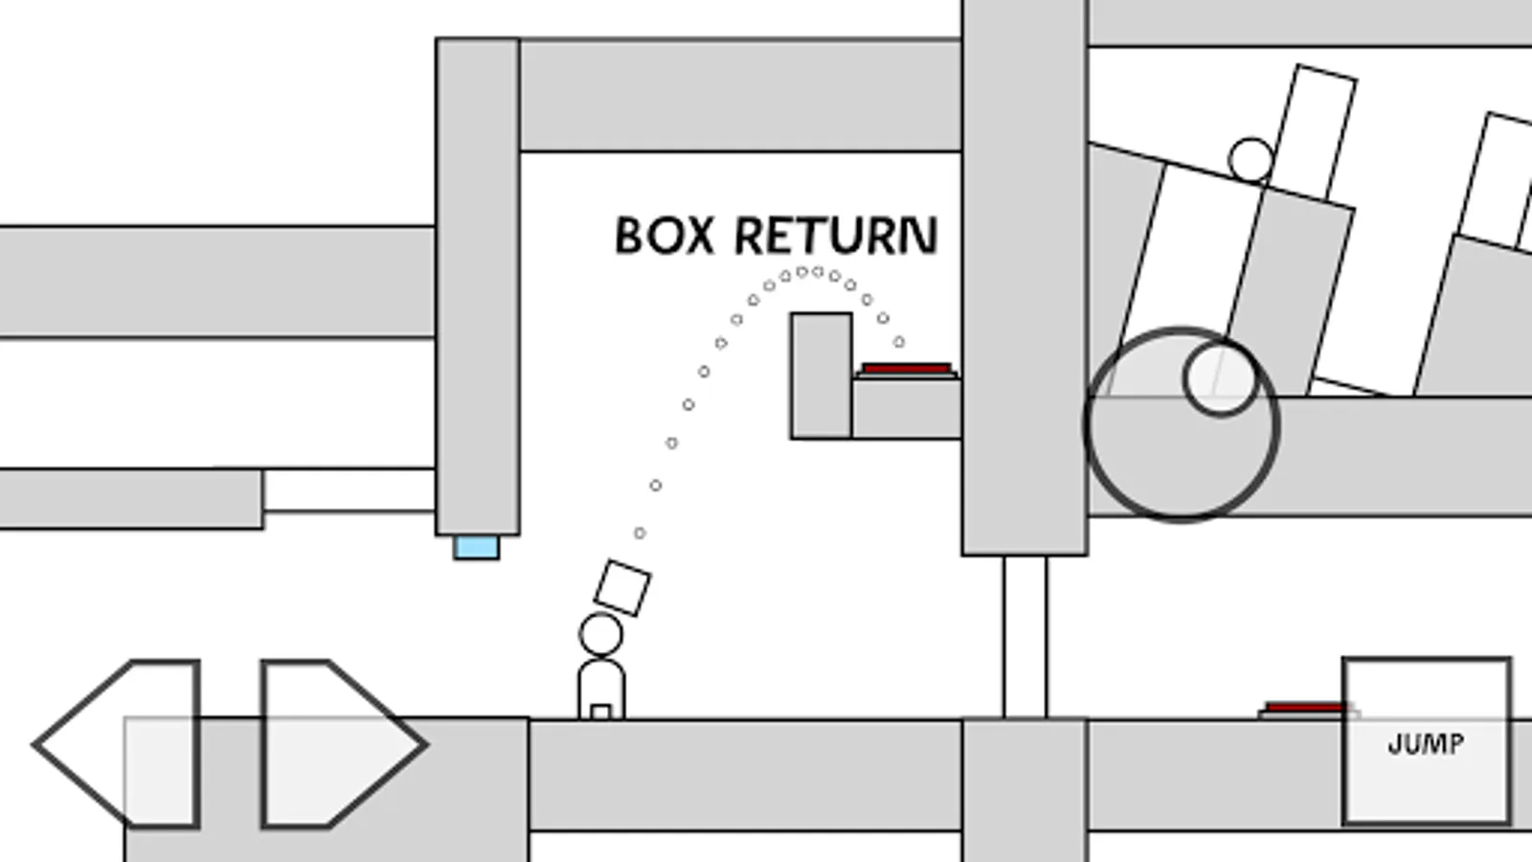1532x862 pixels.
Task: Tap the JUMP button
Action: [x=1426, y=741]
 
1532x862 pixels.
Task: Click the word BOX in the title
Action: [x=665, y=236]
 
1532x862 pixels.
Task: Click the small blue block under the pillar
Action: [x=476, y=548]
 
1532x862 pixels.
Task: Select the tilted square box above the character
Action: [x=622, y=587]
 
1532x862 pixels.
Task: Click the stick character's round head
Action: [x=600, y=634]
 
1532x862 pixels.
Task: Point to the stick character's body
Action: [x=601, y=684]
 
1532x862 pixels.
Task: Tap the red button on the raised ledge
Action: [x=906, y=369]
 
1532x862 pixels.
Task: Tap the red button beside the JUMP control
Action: [x=1304, y=708]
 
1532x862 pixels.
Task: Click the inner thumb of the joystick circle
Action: [x=1221, y=378]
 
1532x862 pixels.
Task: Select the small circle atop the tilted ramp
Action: [x=1250, y=160]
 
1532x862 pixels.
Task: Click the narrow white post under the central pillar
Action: [x=1025, y=637]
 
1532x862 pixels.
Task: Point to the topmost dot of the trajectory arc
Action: [x=802, y=272]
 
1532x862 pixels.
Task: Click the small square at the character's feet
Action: [x=600, y=712]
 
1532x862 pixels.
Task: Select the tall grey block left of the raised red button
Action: [x=821, y=375]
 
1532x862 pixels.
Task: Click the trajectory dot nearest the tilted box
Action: [x=640, y=533]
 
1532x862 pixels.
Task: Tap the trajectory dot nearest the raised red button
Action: [x=898, y=342]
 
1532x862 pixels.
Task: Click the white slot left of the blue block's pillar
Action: [x=349, y=490]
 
